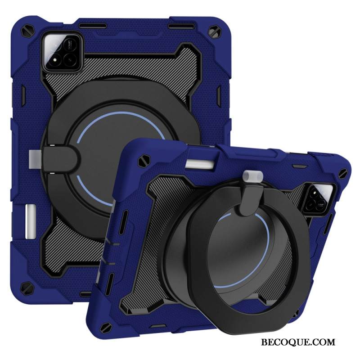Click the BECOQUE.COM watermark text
pos(298,342)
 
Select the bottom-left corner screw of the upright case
pos(27,288)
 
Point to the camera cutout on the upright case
pos(62,52)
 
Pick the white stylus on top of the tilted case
pos(200,163)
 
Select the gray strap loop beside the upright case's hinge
pos(35,159)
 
